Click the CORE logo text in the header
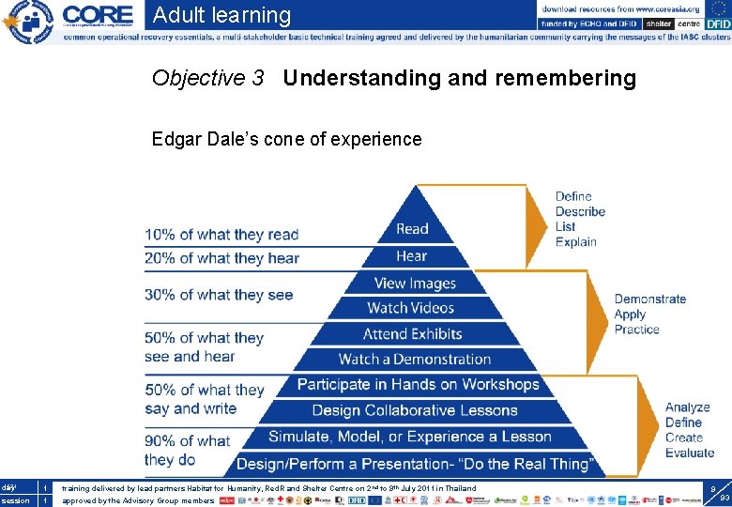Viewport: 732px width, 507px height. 98,16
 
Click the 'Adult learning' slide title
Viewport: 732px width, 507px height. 221,15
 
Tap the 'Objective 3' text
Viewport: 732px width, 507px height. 207,78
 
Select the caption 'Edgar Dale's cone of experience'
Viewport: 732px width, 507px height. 286,140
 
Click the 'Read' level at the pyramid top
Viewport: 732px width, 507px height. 412,229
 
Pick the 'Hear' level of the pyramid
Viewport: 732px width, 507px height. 412,255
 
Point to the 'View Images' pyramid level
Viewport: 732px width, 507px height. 414,284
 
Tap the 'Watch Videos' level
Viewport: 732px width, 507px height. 411,308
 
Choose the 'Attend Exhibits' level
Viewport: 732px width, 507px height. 412,334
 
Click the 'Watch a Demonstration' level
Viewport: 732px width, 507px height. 414,360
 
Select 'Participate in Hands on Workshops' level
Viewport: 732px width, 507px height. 418,385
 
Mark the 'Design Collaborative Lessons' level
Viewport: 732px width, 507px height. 414,410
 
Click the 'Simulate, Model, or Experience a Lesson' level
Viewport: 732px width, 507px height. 410,437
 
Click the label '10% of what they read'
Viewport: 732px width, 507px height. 221,235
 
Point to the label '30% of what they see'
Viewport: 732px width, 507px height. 219,295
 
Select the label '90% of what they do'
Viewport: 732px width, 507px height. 187,451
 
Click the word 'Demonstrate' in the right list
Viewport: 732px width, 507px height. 650,300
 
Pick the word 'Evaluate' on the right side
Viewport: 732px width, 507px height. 690,453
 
